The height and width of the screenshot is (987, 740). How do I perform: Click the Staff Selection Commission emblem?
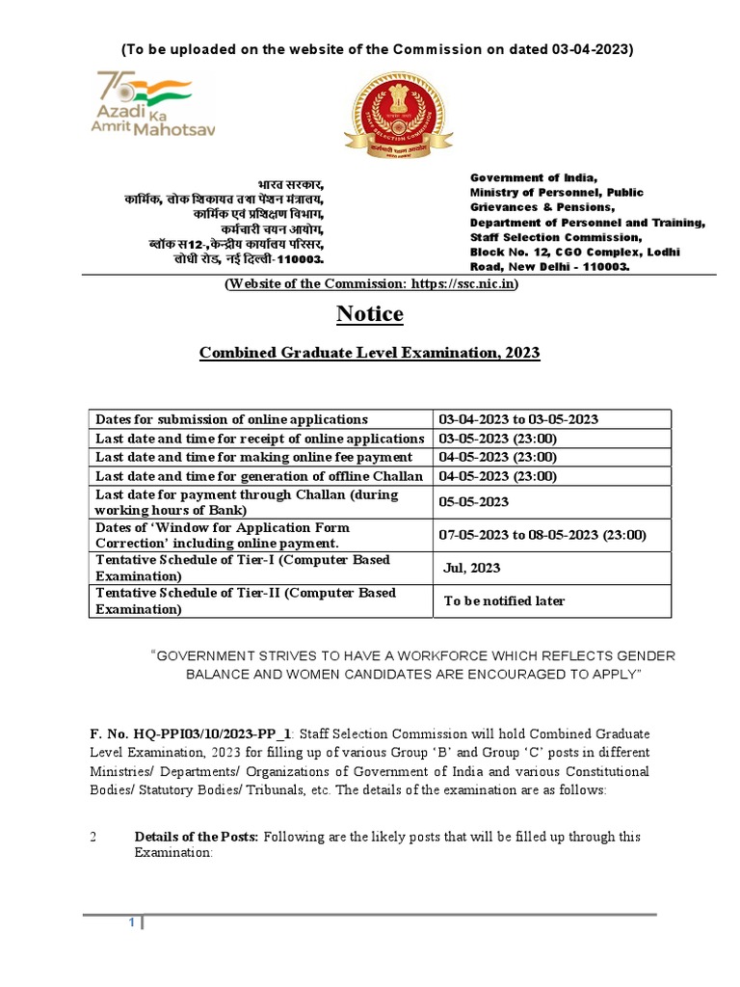[389, 120]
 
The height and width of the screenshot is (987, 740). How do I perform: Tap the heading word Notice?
[370, 314]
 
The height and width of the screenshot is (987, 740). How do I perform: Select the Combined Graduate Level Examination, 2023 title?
[370, 354]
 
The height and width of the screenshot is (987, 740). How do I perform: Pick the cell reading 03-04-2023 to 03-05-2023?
[518, 419]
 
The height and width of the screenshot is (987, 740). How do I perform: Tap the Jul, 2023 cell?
[471, 568]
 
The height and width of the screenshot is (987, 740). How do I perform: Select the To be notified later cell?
[504, 601]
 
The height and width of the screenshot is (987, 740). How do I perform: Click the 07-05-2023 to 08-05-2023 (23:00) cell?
[542, 535]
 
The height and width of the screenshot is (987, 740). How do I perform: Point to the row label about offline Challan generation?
[258, 476]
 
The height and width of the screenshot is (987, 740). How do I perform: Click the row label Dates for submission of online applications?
[231, 419]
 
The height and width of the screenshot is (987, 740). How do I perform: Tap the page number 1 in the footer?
[133, 923]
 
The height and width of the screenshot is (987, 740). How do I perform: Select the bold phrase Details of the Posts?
[196, 837]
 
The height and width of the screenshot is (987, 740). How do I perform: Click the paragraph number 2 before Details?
[93, 837]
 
